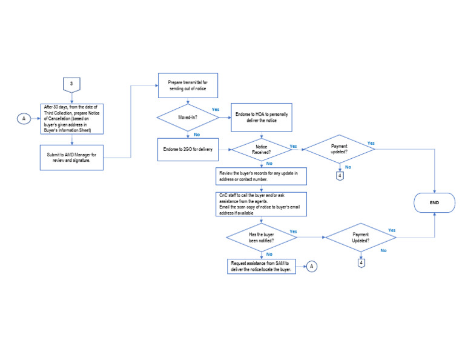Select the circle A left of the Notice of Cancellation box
coord(24,119)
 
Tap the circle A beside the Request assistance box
coord(311,265)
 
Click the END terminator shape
coord(434,202)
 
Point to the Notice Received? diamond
coord(261,150)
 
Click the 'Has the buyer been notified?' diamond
coord(261,238)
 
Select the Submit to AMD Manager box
coord(73,158)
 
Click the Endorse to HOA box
coord(261,118)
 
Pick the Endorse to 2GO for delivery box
coord(188,149)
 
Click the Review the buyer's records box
coord(262,176)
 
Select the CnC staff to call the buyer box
coord(262,204)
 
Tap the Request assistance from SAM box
coord(262,267)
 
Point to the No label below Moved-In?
coord(196,134)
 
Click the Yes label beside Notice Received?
coord(293,146)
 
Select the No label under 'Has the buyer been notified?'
coord(269,254)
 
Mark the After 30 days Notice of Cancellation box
coord(73,119)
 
